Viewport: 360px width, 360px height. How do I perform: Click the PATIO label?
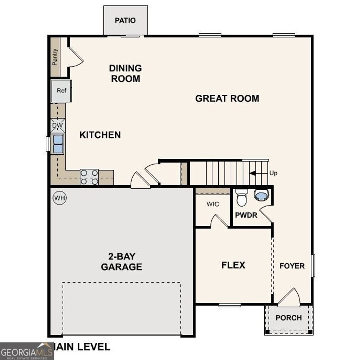click(125, 20)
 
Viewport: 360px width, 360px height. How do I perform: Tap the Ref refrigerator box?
click(62, 91)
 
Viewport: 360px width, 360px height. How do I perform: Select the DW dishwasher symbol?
click(58, 126)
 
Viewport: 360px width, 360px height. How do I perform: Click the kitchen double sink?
click(58, 144)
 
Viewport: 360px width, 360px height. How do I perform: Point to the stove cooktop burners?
click(89, 177)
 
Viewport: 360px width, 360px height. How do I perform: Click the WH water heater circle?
click(60, 198)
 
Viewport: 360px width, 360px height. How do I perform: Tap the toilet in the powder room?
click(242, 198)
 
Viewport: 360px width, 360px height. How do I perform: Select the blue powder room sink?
click(261, 194)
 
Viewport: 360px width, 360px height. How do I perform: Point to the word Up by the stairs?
click(273, 173)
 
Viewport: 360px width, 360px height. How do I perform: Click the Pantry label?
click(55, 57)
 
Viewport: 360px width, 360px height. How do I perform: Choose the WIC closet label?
click(213, 204)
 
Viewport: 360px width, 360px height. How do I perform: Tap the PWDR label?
click(246, 215)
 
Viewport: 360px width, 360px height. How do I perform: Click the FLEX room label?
click(233, 265)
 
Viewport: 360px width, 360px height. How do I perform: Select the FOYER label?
click(292, 266)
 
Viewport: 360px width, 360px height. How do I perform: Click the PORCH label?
click(289, 318)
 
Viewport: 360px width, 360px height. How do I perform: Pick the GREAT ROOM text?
click(227, 98)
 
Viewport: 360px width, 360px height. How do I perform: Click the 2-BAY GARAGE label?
click(122, 261)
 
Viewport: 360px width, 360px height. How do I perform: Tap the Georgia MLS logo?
click(27, 351)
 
